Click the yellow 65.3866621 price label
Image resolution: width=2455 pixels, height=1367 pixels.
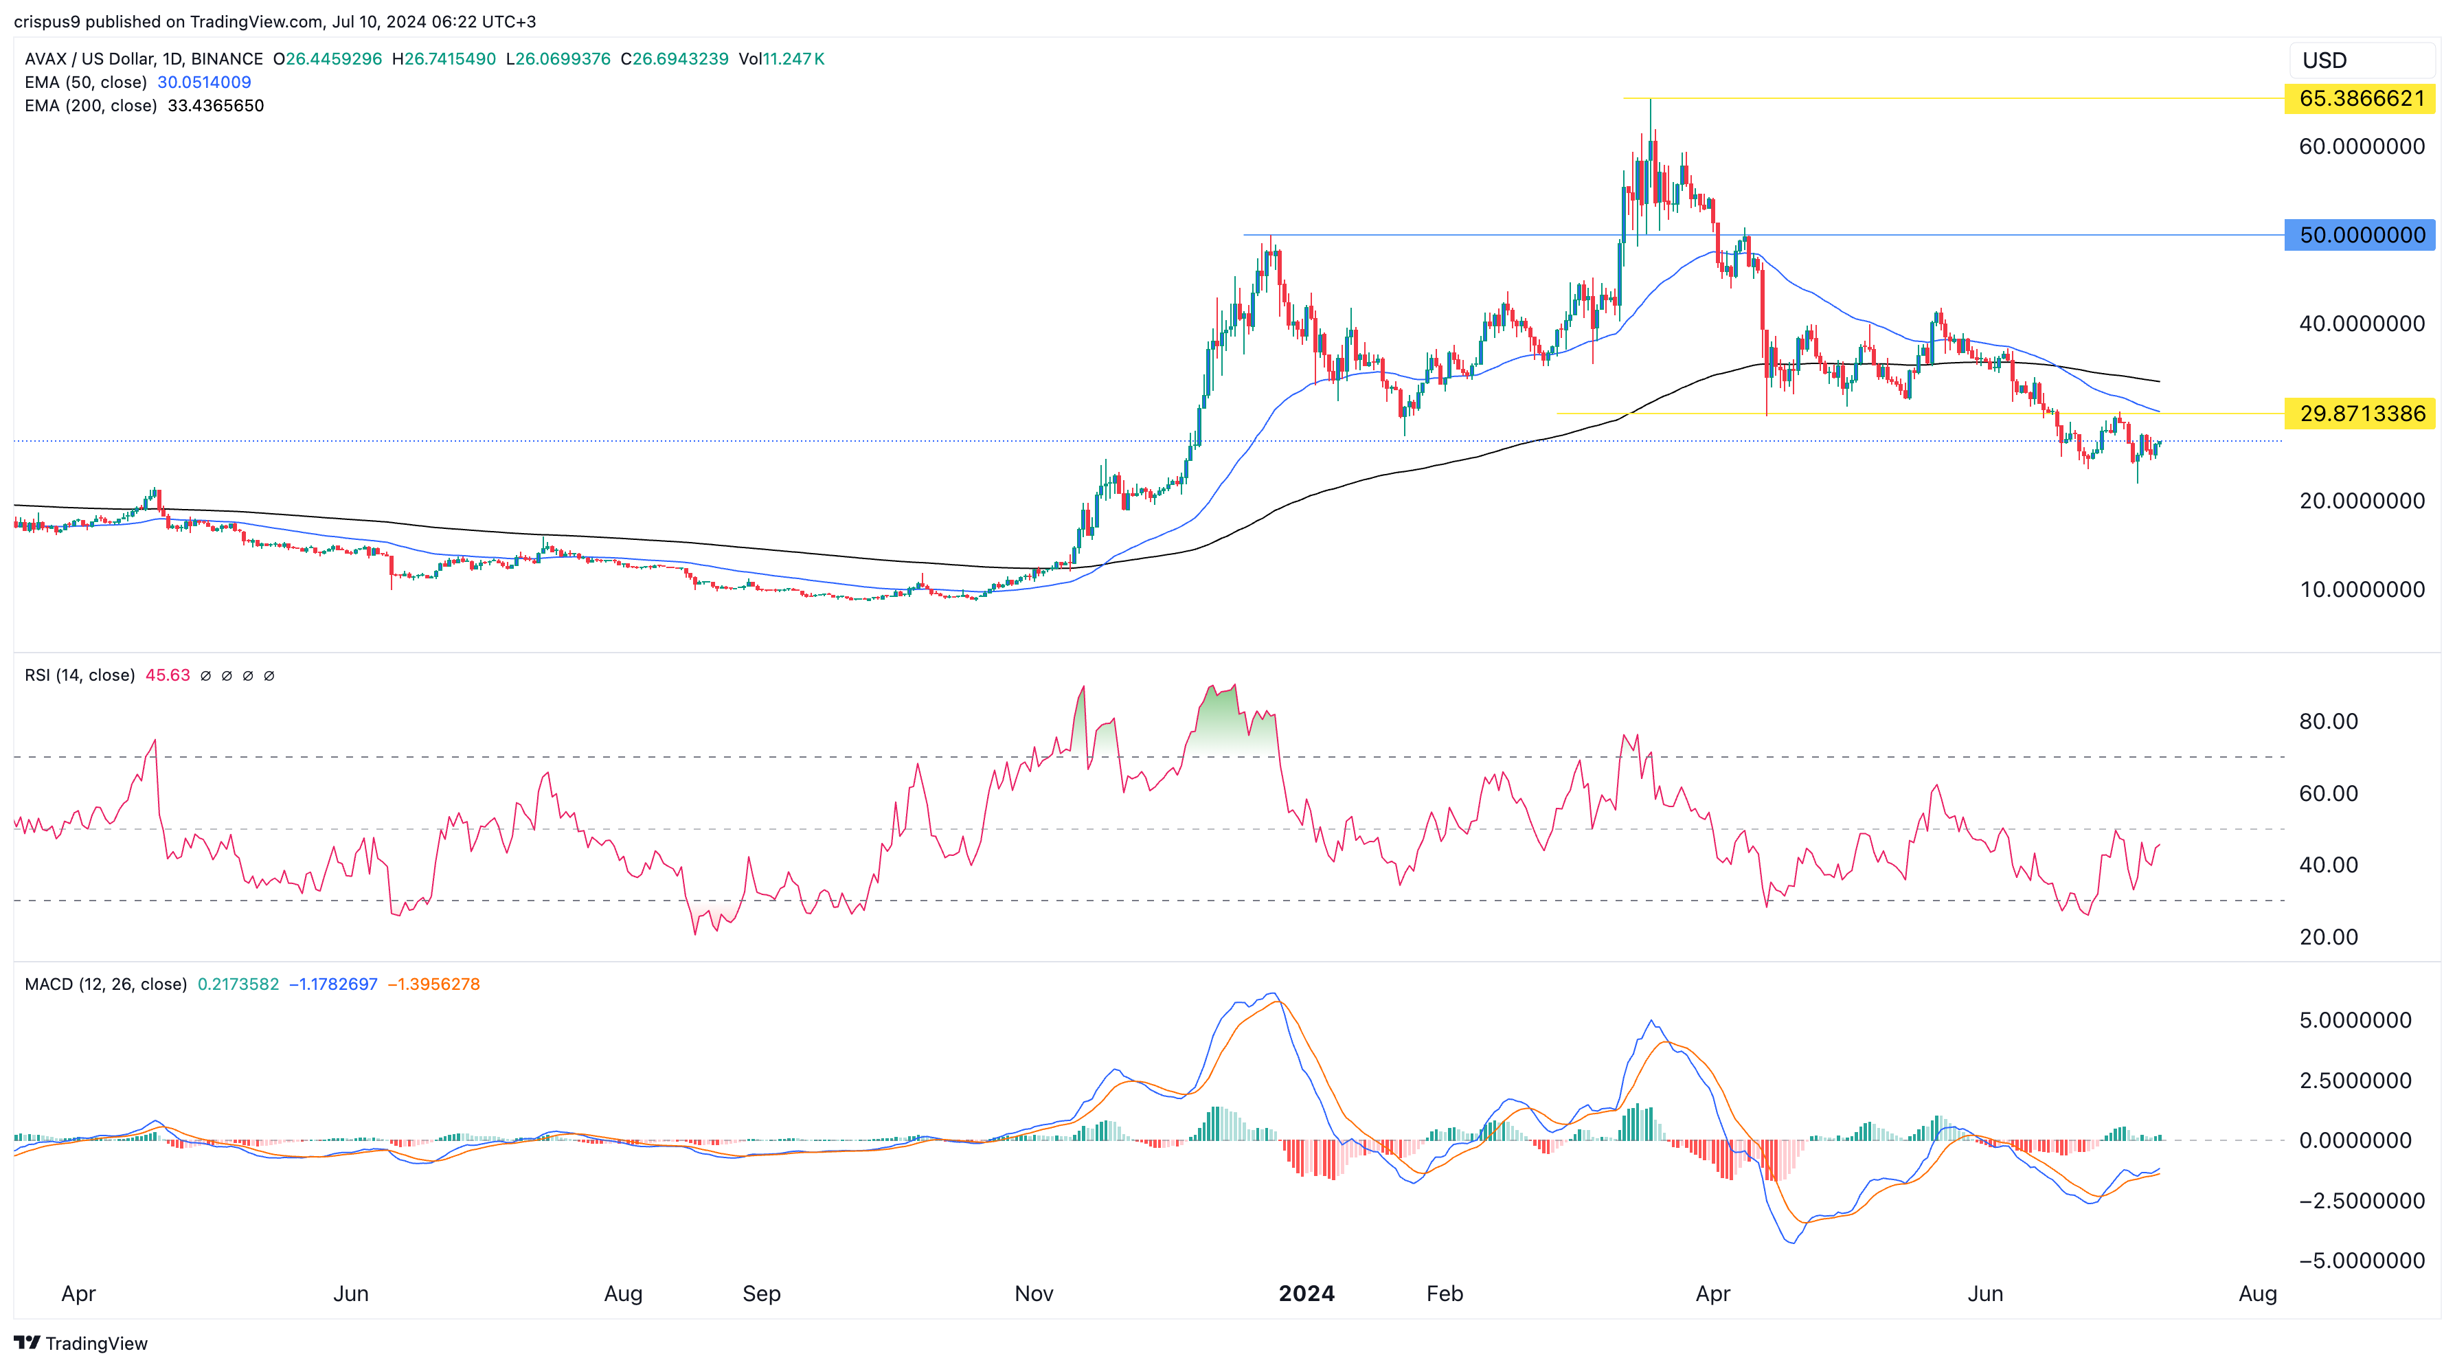pos(2361,98)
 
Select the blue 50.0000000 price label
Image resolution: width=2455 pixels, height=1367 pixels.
pos(2361,234)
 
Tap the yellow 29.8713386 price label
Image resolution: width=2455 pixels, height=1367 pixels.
pos(2361,414)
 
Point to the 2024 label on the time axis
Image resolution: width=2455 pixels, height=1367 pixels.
pos(1306,1293)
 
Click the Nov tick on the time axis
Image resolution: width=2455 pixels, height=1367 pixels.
pos(1034,1293)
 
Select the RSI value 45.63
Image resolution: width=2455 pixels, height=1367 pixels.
pos(168,675)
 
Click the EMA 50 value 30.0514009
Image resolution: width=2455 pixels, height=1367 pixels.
pos(204,82)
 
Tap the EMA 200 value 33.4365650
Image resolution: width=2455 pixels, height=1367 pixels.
pos(216,106)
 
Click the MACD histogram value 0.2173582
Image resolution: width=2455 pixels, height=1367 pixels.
pos(238,984)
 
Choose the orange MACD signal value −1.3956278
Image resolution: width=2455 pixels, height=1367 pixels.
pos(433,984)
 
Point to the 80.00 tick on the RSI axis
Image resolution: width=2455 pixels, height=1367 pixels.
pos(2328,722)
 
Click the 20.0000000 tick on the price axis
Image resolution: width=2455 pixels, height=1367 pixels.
pos(2362,501)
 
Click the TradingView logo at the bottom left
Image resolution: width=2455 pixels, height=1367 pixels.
pos(81,1343)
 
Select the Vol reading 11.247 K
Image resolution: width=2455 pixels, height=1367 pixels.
pos(782,59)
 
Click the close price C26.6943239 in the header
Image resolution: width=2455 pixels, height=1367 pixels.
pos(675,59)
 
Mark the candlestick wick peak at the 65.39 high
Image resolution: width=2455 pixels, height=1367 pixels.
pos(1651,100)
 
